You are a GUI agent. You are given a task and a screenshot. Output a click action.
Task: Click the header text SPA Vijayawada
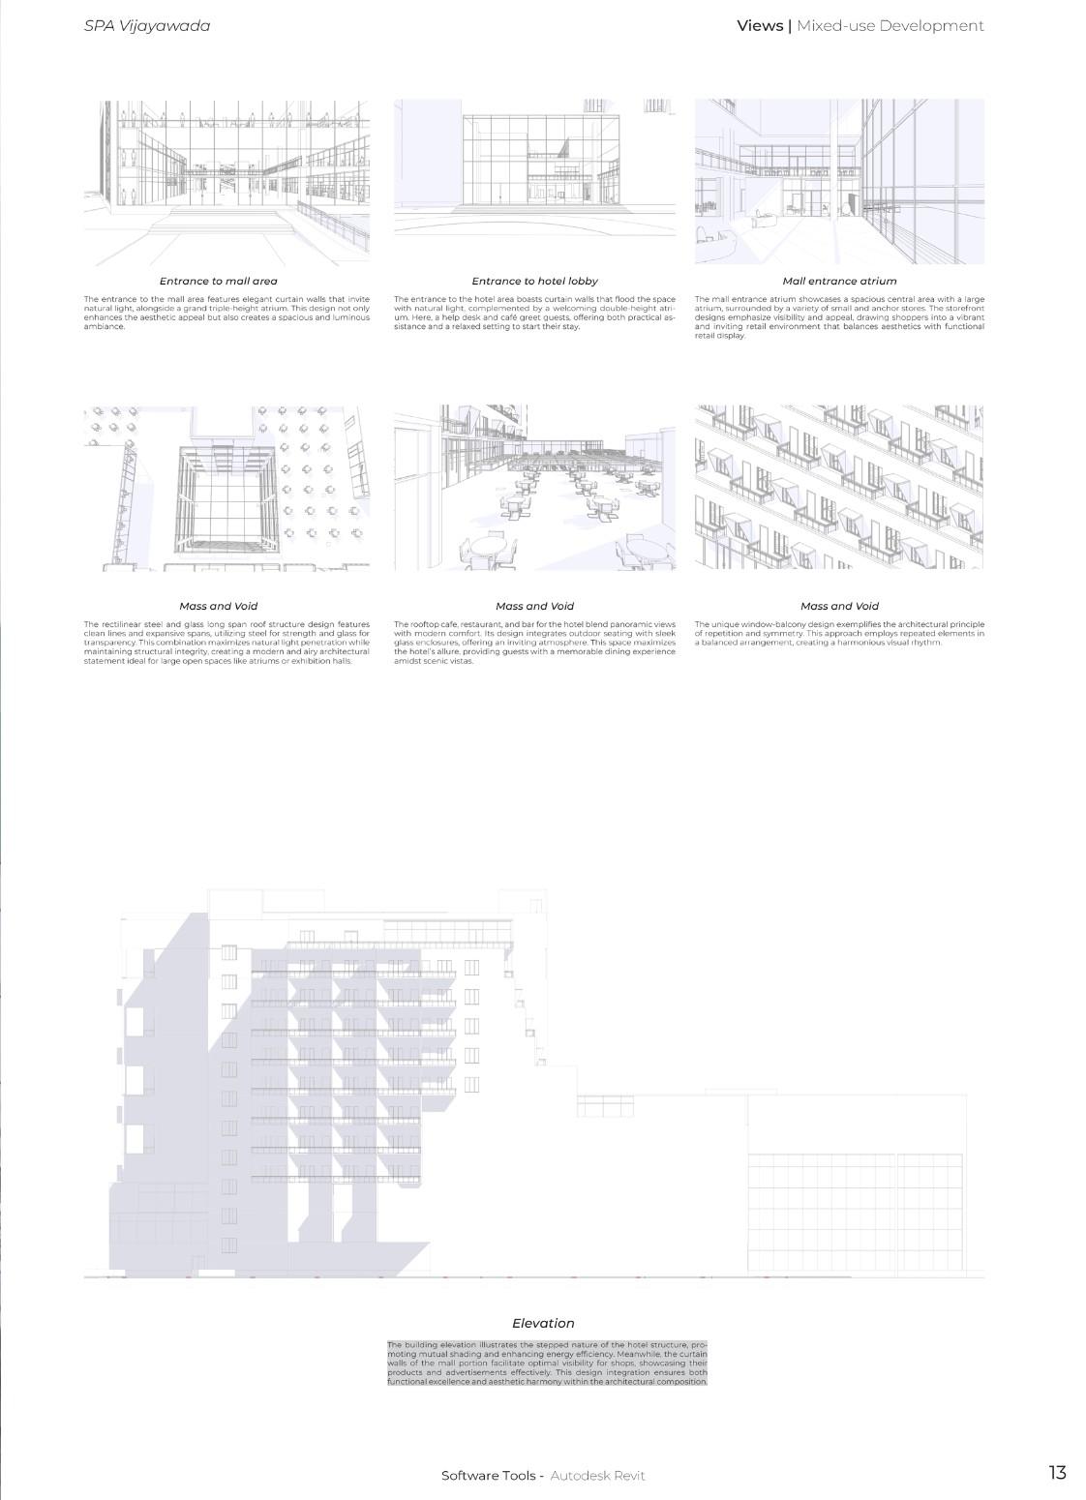147,26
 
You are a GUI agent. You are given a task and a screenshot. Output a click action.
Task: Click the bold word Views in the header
760,26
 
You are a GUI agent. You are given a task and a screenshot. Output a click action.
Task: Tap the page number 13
1057,1472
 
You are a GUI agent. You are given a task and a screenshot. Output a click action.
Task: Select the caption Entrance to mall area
218,281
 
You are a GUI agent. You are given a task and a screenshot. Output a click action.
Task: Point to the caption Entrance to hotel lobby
534,281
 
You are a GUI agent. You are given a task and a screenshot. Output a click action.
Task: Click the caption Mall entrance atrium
839,281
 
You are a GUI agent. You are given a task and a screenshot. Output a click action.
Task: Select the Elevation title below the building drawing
543,1323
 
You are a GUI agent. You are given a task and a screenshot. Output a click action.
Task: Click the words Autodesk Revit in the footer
597,1475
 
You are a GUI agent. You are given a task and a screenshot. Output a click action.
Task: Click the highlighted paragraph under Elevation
547,1363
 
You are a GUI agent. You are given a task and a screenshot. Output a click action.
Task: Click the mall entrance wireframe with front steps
226,181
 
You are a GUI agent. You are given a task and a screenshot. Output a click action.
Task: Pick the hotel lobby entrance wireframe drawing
534,166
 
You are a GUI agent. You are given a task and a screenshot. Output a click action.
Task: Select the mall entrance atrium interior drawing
839,181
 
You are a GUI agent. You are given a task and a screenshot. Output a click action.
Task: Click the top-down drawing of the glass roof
226,488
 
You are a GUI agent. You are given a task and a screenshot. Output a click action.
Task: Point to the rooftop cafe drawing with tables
534,488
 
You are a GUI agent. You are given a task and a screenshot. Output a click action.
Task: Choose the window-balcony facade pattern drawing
839,488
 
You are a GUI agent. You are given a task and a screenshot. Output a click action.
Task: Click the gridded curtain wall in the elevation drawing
856,1213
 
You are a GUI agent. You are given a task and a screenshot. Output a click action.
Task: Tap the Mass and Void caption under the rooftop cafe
534,606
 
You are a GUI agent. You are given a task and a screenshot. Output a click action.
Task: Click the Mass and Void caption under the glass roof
218,606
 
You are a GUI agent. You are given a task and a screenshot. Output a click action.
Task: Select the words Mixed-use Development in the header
890,26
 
